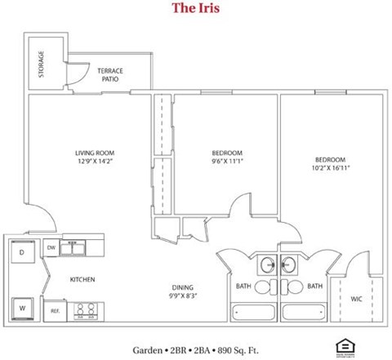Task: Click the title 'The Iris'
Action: [x=196, y=9]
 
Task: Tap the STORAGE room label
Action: [x=42, y=64]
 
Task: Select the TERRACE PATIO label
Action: [x=110, y=76]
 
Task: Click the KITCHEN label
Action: [x=82, y=280]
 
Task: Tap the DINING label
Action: [x=181, y=287]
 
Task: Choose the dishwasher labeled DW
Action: [x=51, y=247]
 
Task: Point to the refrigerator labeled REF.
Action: [x=56, y=311]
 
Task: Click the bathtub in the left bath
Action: [x=253, y=311]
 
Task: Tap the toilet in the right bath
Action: [x=291, y=287]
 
